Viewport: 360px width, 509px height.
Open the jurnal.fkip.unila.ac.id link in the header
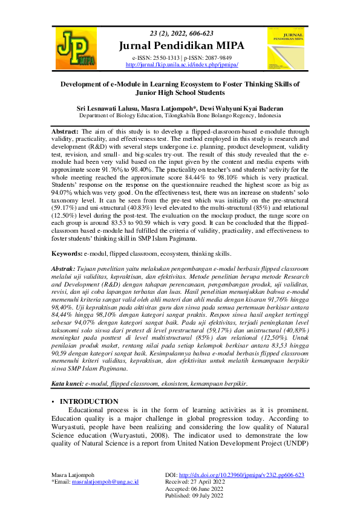(182, 64)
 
